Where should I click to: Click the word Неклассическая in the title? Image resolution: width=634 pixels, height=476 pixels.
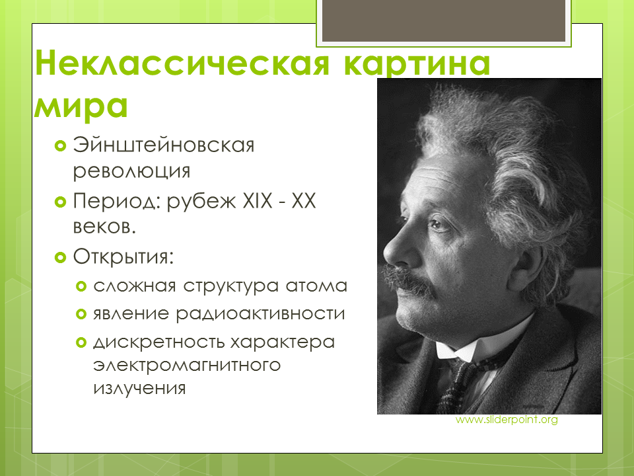point(182,63)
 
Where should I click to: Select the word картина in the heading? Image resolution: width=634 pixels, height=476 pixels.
point(417,64)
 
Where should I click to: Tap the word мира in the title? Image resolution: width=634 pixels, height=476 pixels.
point(81,106)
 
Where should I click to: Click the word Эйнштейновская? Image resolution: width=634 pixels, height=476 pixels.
point(163,145)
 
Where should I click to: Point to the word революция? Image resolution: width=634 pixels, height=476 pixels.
point(131,171)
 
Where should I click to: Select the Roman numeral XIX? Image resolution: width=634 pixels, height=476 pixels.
point(258,200)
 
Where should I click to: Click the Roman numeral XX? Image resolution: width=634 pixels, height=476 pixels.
point(304,200)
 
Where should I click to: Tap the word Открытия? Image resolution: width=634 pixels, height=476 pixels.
point(123,257)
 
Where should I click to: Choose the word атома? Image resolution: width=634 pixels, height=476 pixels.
point(316,286)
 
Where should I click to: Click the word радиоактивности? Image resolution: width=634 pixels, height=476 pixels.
point(260,314)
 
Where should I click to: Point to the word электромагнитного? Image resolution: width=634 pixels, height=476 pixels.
point(187,365)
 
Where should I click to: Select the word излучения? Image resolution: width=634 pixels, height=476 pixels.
point(139,388)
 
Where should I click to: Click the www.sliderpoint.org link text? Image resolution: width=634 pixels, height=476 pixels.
point(507,420)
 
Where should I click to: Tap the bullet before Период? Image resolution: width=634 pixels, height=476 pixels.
point(60,202)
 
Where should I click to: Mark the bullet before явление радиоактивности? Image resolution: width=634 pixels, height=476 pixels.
point(81,314)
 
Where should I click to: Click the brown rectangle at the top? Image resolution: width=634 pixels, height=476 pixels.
point(444,20)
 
